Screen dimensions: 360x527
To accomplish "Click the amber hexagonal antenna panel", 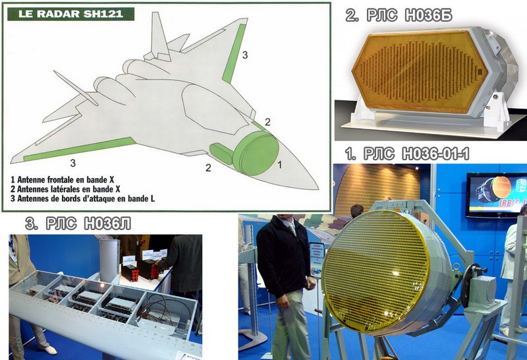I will [x=418, y=67].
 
